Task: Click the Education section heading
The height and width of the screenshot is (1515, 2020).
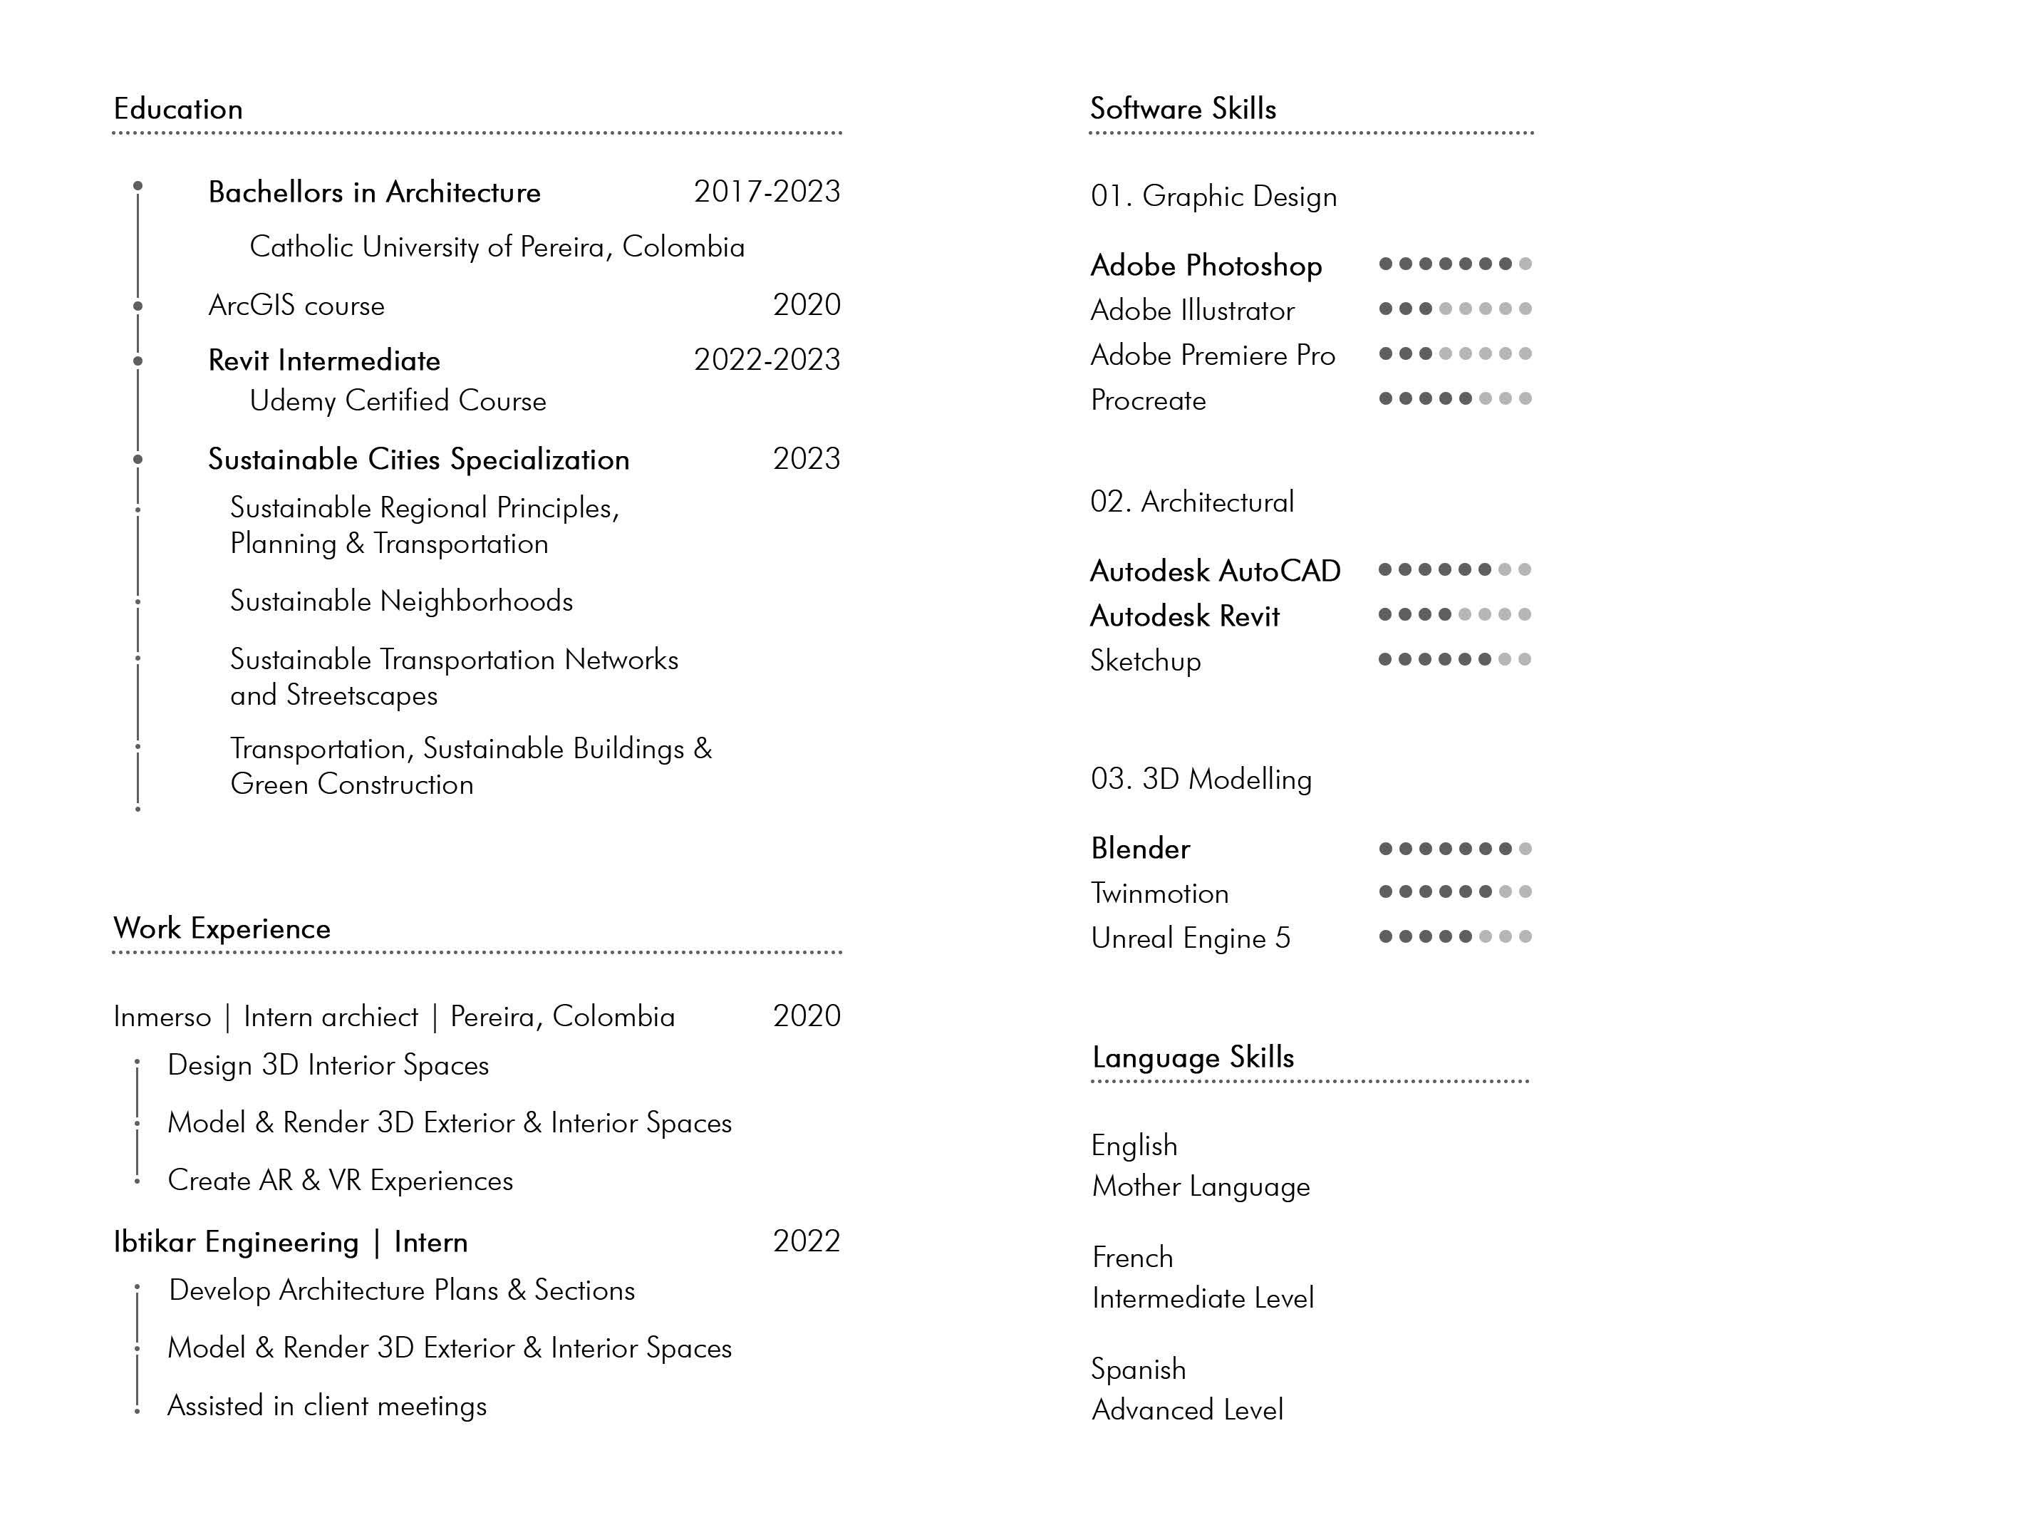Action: click(x=178, y=108)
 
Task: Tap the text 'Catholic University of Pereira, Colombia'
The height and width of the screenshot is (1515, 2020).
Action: click(x=497, y=247)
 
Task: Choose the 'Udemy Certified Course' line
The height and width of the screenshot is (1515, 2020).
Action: click(x=398, y=401)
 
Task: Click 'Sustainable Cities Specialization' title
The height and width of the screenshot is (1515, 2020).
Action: click(x=418, y=460)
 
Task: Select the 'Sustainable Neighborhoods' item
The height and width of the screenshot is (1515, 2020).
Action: click(x=401, y=601)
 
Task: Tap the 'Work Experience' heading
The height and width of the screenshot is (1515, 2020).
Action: click(x=222, y=929)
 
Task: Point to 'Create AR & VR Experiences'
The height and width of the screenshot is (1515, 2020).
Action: click(x=340, y=1181)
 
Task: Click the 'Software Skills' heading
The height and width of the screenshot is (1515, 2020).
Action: click(x=1183, y=108)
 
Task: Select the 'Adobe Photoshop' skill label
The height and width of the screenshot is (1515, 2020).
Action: click(x=1206, y=266)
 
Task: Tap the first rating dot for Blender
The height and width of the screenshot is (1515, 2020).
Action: click(x=1385, y=849)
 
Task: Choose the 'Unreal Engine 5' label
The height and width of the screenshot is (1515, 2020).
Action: click(x=1190, y=939)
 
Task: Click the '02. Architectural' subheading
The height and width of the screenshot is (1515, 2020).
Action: click(x=1192, y=502)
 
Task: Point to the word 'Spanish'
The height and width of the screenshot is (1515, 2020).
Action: click(x=1138, y=1369)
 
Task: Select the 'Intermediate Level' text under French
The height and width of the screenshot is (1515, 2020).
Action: click(x=1203, y=1298)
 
